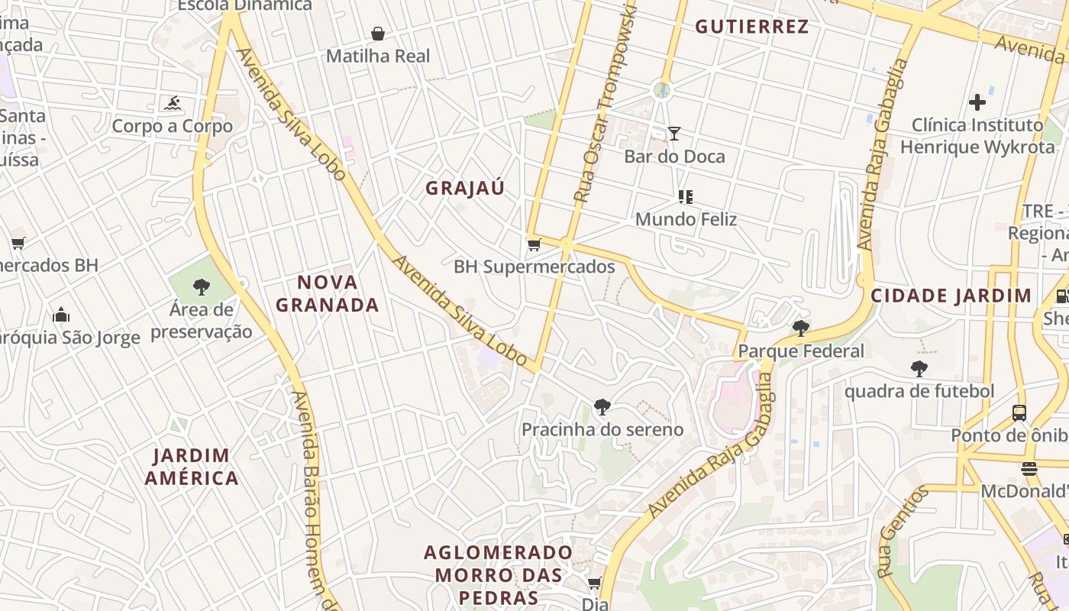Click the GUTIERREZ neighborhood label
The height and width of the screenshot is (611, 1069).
[751, 27]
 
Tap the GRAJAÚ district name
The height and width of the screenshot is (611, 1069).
[465, 189]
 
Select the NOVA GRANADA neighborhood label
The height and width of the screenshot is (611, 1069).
[328, 294]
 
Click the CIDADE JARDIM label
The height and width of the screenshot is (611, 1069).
[951, 296]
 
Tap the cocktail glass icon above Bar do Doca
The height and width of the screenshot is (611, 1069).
[673, 134]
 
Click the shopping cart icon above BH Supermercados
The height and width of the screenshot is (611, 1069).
[534, 244]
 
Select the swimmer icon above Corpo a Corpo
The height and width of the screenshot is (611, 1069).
[172, 103]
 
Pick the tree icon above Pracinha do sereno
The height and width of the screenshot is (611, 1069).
[602, 407]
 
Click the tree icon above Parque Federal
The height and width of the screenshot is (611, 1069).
[800, 328]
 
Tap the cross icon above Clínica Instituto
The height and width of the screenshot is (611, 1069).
[977, 102]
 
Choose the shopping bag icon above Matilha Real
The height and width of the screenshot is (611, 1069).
[377, 34]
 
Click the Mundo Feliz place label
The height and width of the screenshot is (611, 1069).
[686, 220]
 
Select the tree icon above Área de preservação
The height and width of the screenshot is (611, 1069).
[202, 287]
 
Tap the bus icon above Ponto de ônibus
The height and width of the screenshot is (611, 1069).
[1019, 413]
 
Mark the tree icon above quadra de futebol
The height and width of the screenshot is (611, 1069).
[919, 369]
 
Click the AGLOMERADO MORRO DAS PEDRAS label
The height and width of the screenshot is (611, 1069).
[498, 574]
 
